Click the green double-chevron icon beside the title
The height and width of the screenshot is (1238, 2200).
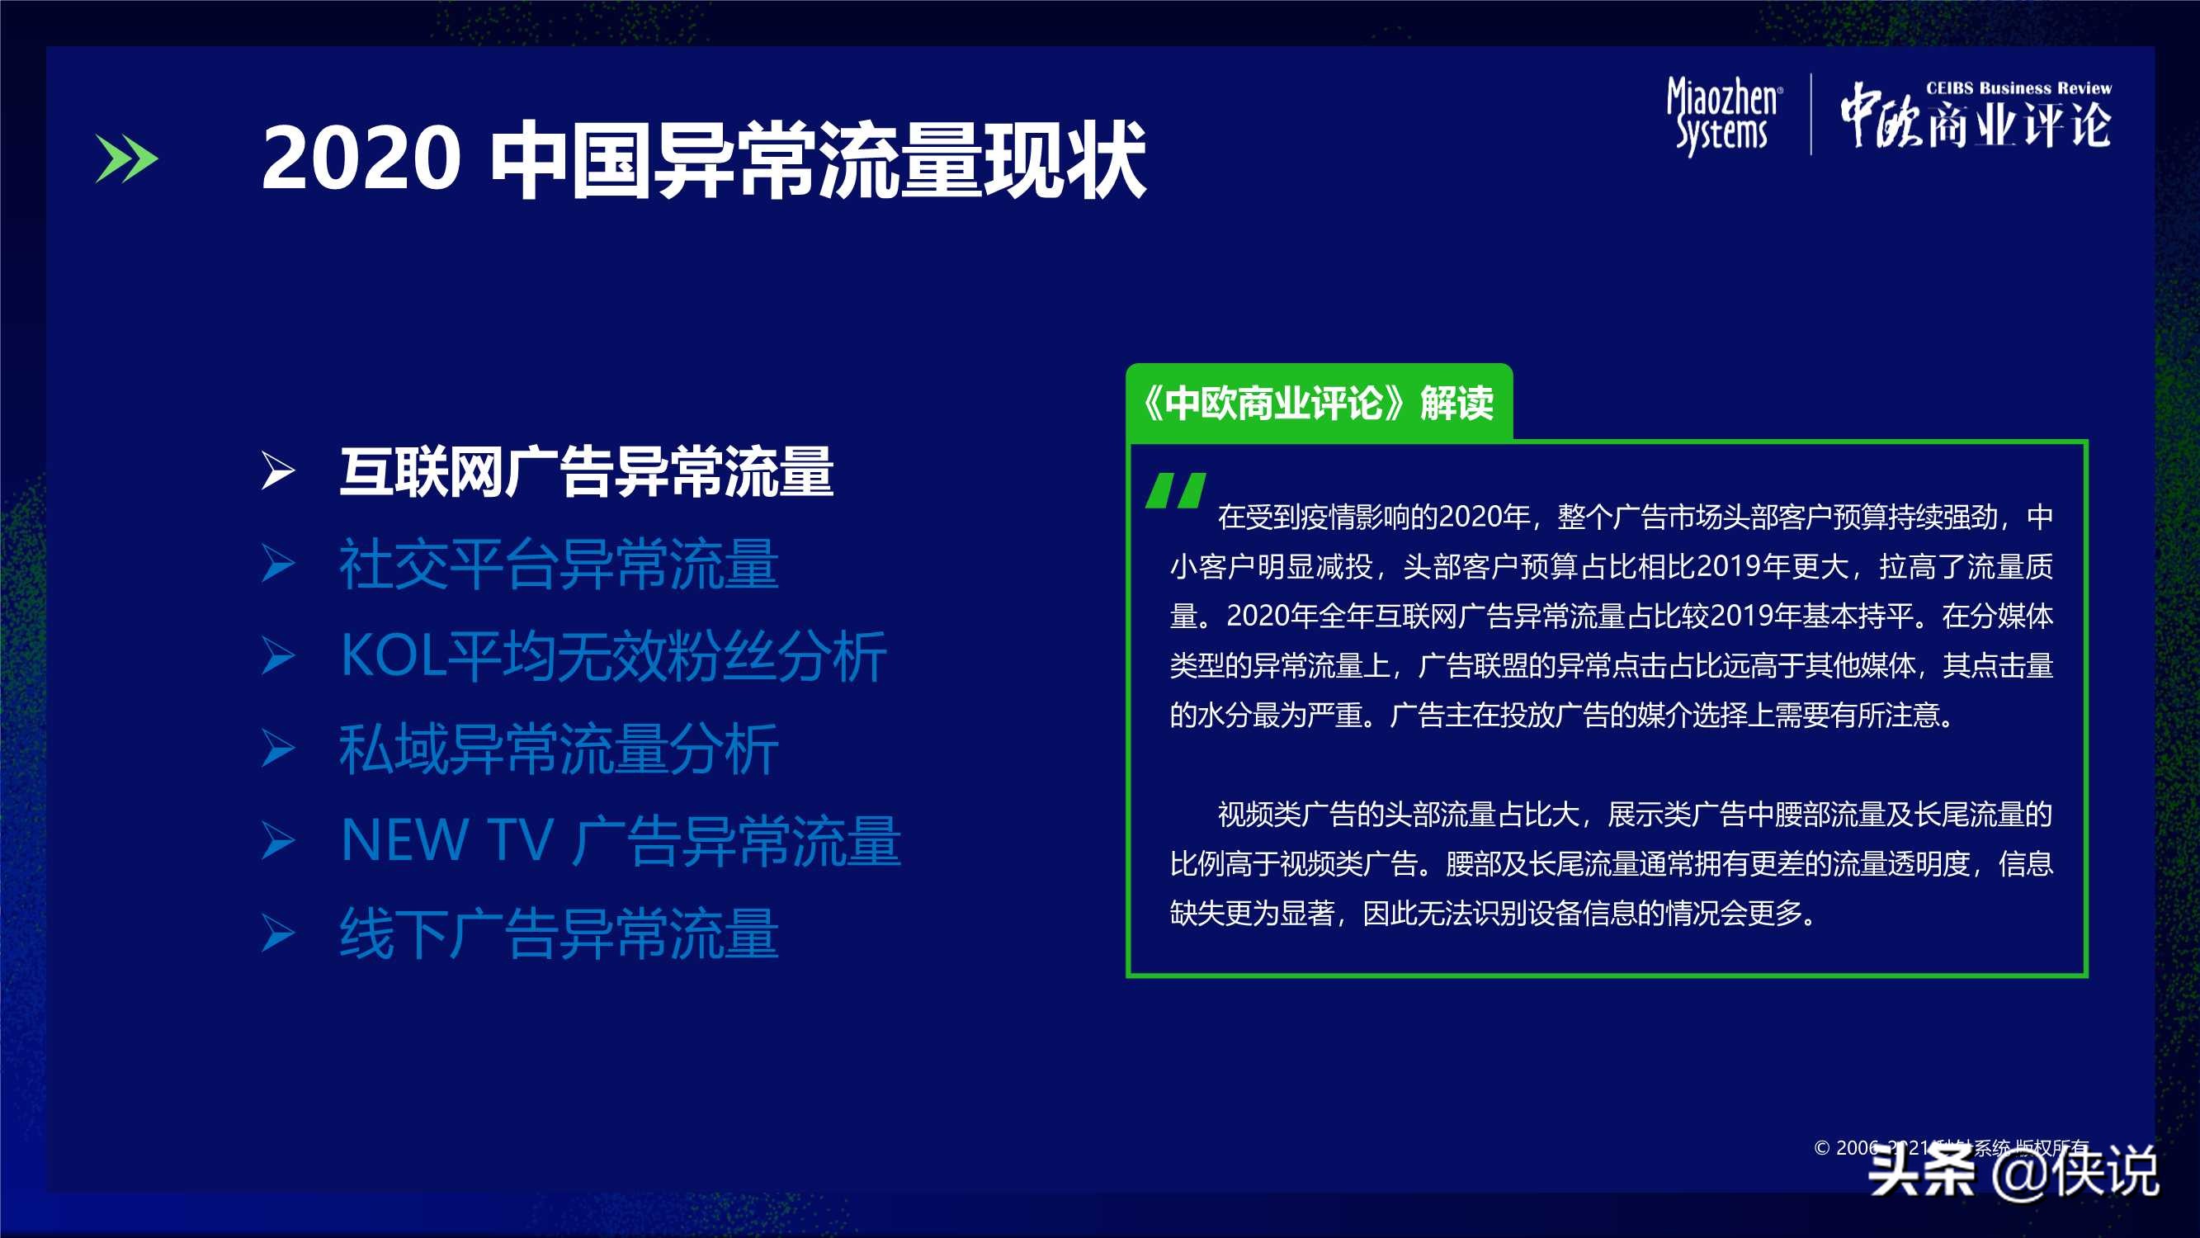pyautogui.click(x=126, y=158)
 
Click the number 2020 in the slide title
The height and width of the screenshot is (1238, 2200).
pyautogui.click(x=361, y=158)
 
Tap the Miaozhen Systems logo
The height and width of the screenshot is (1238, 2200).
pyautogui.click(x=1724, y=116)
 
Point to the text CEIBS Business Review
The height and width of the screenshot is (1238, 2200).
pyautogui.click(x=2018, y=88)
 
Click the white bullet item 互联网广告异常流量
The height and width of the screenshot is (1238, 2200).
pyautogui.click(x=586, y=471)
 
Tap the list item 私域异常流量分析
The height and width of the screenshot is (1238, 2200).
pyautogui.click(x=559, y=749)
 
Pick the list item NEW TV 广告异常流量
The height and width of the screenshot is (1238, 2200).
pyautogui.click(x=620, y=842)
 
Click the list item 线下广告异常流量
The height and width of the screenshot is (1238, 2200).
pyautogui.click(x=559, y=933)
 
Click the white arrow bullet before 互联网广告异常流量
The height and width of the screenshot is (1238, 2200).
pyautogui.click(x=277, y=470)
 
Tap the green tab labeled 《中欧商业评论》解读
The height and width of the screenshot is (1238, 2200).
pyautogui.click(x=1319, y=403)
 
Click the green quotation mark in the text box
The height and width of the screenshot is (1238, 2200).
pyautogui.click(x=1176, y=490)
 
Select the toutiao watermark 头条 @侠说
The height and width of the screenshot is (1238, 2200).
pyautogui.click(x=2014, y=1171)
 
